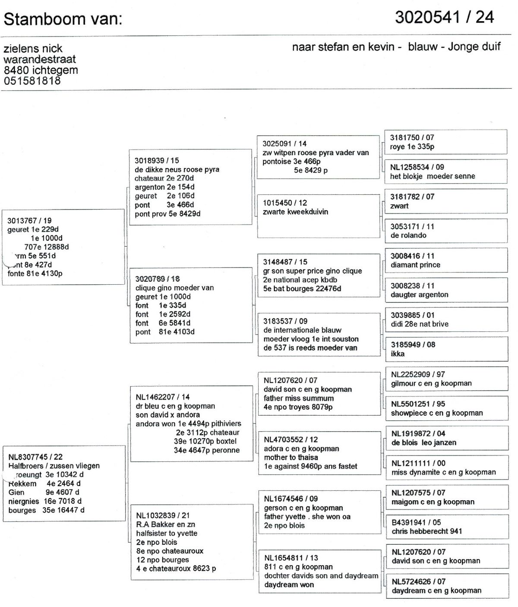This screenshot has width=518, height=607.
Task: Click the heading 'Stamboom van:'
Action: [x=63, y=19]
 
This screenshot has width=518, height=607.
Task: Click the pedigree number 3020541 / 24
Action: [x=444, y=17]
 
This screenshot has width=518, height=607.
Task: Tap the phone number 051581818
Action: [x=32, y=80]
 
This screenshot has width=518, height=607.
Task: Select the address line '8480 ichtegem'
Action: [x=41, y=70]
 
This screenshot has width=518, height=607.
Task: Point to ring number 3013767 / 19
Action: [x=29, y=221]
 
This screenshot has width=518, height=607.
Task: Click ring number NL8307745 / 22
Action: [x=35, y=457]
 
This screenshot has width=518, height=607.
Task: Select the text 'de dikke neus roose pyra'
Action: [x=177, y=169]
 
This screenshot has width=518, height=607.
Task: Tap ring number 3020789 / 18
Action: [x=158, y=279]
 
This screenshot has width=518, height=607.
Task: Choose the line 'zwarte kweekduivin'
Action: [x=295, y=212]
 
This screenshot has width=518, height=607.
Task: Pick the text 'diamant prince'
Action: [x=415, y=265]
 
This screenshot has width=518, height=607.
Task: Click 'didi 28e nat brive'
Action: [x=420, y=324]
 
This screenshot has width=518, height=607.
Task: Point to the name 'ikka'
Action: [x=398, y=354]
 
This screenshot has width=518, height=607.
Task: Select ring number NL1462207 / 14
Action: [x=163, y=397]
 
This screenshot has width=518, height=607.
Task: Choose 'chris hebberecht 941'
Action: [x=427, y=531]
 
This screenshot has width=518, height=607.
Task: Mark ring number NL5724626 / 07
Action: [x=418, y=582]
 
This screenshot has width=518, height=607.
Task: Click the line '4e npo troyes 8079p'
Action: [x=298, y=407]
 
